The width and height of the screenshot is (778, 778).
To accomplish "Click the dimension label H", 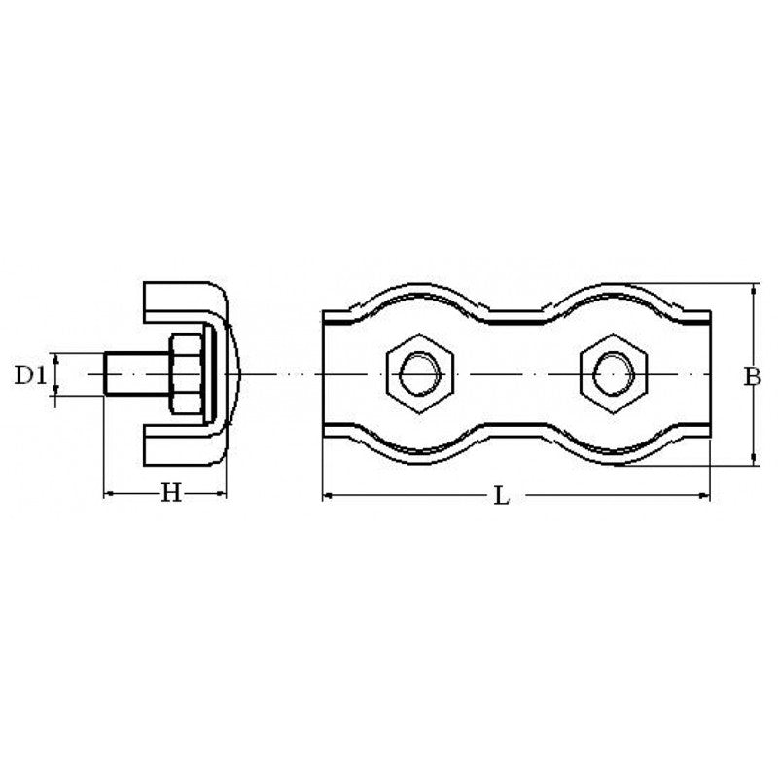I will click(171, 495).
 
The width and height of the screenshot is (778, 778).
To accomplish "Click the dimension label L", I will click(501, 497).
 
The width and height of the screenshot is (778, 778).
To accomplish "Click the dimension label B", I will click(752, 377).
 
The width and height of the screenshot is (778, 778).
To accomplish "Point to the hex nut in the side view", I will click(185, 374).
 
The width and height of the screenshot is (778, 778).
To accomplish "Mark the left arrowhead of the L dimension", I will click(327, 497).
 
